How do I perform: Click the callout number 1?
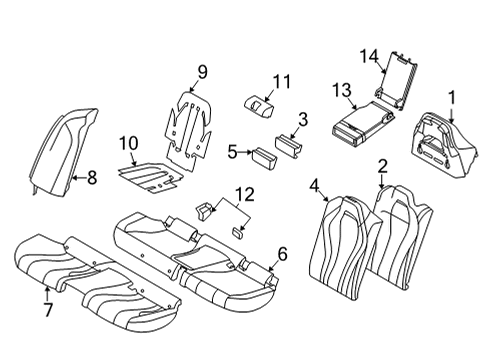[x=451, y=98]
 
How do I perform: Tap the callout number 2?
[x=383, y=165]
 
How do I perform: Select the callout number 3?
[x=303, y=120]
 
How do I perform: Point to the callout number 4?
[x=317, y=184]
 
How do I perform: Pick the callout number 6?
[x=283, y=254]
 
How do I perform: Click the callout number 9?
[x=201, y=71]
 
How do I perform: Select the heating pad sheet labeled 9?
[x=196, y=125]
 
